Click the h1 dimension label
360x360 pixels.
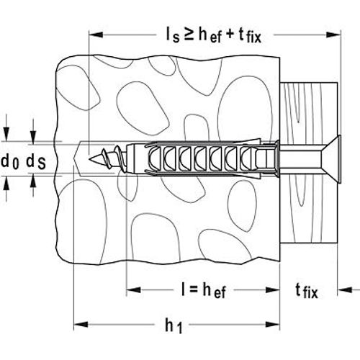tap(174, 325)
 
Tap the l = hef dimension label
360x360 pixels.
tap(204, 289)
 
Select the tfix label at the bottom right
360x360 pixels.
tap(307, 290)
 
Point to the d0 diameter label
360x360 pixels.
tap(10, 161)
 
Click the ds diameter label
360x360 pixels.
tap(36, 161)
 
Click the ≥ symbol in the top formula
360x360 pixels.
tap(189, 35)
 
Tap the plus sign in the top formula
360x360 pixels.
tap(230, 35)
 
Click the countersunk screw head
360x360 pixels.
tap(333, 159)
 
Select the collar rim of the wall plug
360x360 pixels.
tap(277, 159)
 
